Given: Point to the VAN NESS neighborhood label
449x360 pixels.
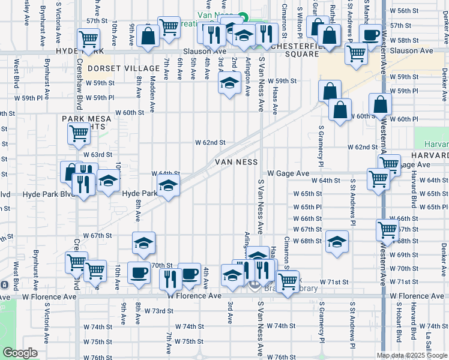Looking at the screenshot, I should click(237, 162).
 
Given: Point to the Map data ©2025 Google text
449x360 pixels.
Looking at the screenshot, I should click(412, 355).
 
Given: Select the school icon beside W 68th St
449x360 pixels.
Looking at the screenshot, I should click(337, 242).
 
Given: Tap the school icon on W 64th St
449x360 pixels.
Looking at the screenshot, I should click(168, 186).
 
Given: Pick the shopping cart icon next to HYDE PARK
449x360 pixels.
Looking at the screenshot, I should click(88, 39).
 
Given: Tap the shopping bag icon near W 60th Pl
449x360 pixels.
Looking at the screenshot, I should click(381, 106).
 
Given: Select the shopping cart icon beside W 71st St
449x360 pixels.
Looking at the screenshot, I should click(288, 280).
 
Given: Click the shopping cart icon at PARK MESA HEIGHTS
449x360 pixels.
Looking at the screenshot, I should click(79, 134).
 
